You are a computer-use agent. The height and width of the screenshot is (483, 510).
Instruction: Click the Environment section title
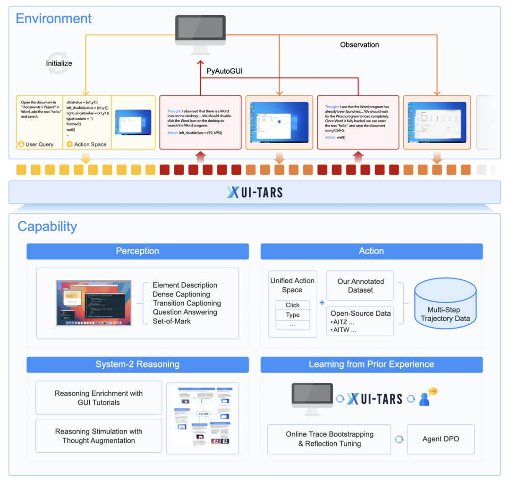pyautogui.click(x=53, y=18)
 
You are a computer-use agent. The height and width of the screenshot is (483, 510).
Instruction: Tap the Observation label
pyautogui.click(x=359, y=45)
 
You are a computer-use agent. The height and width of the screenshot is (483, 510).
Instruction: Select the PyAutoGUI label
pyautogui.click(x=224, y=71)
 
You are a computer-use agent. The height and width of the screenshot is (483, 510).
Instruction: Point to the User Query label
pyautogui.click(x=39, y=144)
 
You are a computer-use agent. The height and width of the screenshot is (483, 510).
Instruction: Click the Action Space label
pyautogui.click(x=90, y=144)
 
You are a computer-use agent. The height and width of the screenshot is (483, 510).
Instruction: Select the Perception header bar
pyautogui.click(x=137, y=251)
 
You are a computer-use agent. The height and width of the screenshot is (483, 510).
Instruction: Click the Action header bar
pyautogui.click(x=371, y=251)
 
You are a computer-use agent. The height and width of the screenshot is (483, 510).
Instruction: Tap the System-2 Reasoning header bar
pyautogui.click(x=137, y=364)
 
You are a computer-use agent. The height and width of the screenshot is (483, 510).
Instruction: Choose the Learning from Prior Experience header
pyautogui.click(x=371, y=364)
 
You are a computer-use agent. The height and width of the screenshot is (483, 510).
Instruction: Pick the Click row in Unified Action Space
pyautogui.click(x=292, y=305)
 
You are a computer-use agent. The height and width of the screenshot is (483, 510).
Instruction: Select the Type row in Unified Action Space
pyautogui.click(x=292, y=315)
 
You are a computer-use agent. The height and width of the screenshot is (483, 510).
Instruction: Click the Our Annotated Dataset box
pyautogui.click(x=360, y=286)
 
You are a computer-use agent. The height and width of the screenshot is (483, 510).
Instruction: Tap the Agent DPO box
pyautogui.click(x=441, y=439)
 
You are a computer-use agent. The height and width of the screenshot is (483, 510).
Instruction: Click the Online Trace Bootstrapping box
pyautogui.click(x=329, y=439)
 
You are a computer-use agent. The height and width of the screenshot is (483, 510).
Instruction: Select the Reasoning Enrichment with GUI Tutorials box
pyautogui.click(x=99, y=398)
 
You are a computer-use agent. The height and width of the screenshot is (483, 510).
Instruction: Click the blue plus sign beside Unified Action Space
pyautogui.click(x=322, y=303)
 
